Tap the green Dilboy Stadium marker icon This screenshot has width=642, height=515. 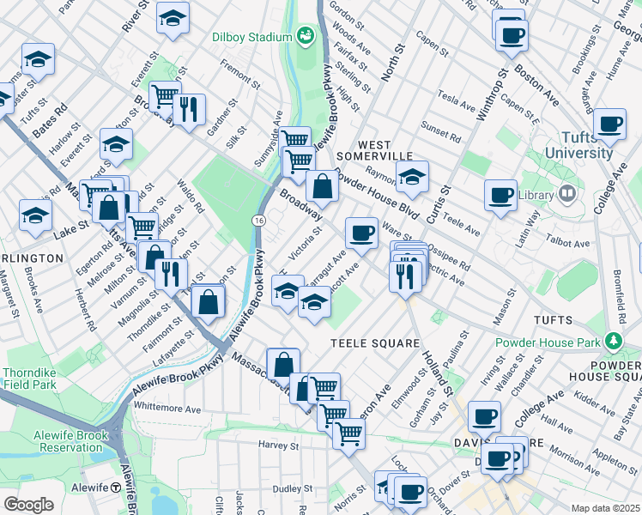pyautogui.click(x=304, y=35)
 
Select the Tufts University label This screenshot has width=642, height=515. pyautogui.click(x=585, y=145)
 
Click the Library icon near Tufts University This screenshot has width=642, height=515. pyautogui.click(x=566, y=195)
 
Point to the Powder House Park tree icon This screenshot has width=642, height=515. pyautogui.click(x=613, y=341)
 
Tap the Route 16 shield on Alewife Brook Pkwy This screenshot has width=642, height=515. pyautogui.click(x=257, y=221)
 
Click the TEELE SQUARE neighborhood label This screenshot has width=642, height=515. pyautogui.click(x=374, y=343)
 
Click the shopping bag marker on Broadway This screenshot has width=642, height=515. pyautogui.click(x=322, y=185)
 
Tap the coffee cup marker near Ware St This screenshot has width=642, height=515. pyautogui.click(x=361, y=232)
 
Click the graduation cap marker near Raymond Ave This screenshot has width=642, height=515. pyautogui.click(x=413, y=177)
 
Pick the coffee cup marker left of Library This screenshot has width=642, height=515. pyautogui.click(x=500, y=193)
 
